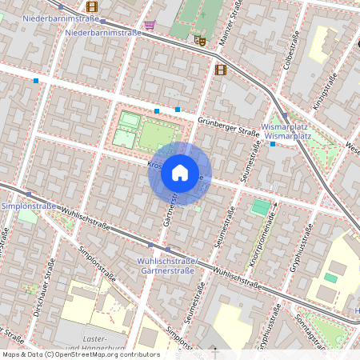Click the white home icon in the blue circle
pyautogui.click(x=180, y=173)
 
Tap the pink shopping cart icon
pyautogui.click(x=150, y=25)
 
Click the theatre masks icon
pyautogui.click(x=199, y=39)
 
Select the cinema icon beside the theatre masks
pyautogui.click(x=220, y=70)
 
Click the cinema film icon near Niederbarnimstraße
pyautogui.click(x=91, y=6)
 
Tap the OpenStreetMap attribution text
pyautogui.click(x=80, y=354)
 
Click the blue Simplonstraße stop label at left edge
pyautogui.click(x=29, y=206)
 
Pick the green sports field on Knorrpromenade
pyautogui.click(x=261, y=207)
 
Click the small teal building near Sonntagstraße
pyautogui.click(x=330, y=278)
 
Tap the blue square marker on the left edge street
pyautogui.click(x=36, y=80)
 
